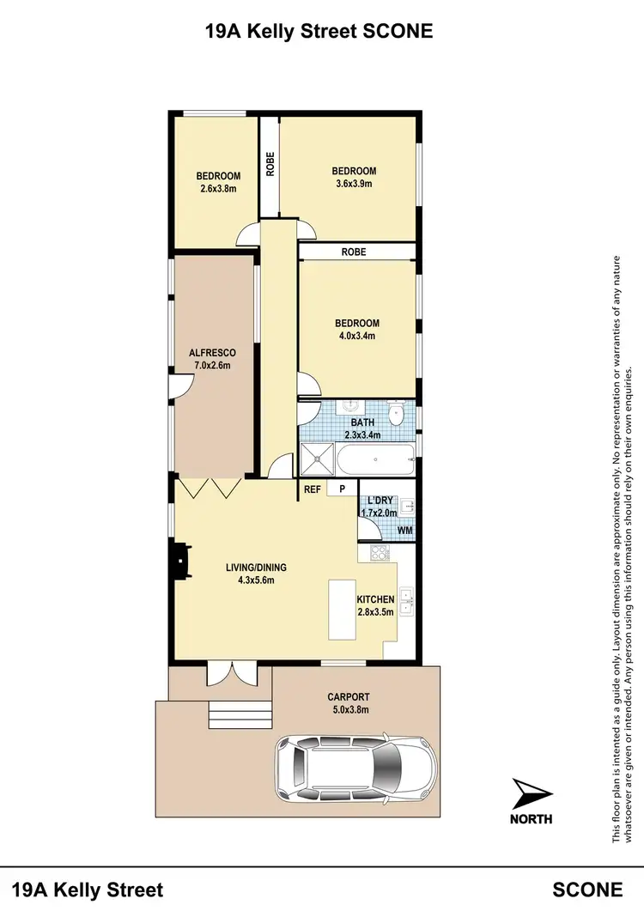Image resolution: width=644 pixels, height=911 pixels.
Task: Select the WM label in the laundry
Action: pyautogui.click(x=404, y=531)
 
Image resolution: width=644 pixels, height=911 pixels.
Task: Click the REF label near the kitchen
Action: pyautogui.click(x=313, y=489)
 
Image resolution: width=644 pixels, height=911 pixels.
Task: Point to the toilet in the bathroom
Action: pyautogui.click(x=397, y=416)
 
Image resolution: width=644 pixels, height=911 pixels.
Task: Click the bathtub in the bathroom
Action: pyautogui.click(x=375, y=459)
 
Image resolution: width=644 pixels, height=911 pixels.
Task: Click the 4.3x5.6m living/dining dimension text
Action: pyautogui.click(x=256, y=580)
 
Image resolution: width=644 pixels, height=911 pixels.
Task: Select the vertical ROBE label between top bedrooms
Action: pyautogui.click(x=270, y=164)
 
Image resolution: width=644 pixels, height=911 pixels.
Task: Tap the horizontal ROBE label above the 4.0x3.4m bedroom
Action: pyautogui.click(x=354, y=252)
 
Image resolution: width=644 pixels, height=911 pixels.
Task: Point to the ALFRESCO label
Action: pyautogui.click(x=212, y=352)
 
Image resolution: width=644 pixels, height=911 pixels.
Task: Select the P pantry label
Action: pyautogui.click(x=342, y=489)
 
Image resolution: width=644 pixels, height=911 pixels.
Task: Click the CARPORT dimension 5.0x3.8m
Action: pyautogui.click(x=349, y=710)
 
